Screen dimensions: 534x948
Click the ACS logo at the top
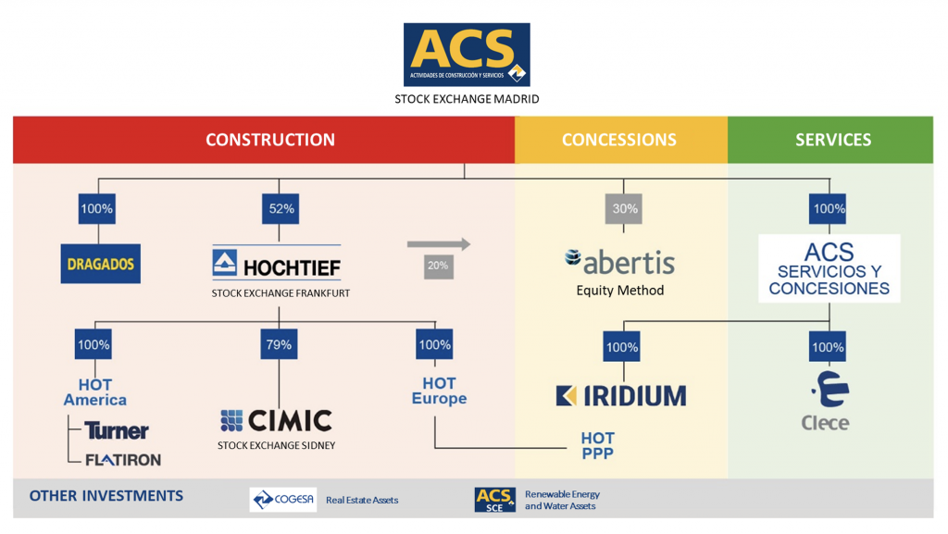click(467, 55)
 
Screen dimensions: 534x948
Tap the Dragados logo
click(100, 264)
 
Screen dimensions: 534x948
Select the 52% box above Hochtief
click(281, 209)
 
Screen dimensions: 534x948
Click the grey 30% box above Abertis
click(625, 209)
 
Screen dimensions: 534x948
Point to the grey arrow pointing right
click(438, 244)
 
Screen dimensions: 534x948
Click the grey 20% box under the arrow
click(438, 266)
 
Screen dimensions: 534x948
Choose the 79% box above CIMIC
click(279, 345)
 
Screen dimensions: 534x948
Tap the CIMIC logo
click(276, 421)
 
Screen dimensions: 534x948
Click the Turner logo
click(117, 431)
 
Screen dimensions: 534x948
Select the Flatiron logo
click(123, 459)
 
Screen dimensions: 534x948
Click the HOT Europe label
click(439, 391)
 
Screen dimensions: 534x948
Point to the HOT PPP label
click(597, 445)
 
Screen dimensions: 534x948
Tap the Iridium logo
click(621, 396)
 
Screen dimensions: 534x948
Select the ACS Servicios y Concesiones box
click(829, 268)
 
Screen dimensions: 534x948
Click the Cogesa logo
click(283, 500)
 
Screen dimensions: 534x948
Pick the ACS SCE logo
click(494, 500)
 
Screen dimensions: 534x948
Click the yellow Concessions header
click(619, 140)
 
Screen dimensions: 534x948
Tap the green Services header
click(833, 140)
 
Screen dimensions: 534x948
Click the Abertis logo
click(619, 262)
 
